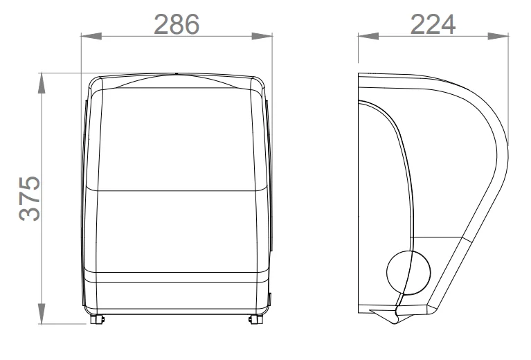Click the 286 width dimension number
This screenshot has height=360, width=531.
(x=177, y=24)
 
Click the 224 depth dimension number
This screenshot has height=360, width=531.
(x=433, y=24)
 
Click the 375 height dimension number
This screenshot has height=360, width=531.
(x=30, y=198)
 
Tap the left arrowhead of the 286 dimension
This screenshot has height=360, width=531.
(x=91, y=36)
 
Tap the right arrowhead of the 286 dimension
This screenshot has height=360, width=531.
(x=262, y=36)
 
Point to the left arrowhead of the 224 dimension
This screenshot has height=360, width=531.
(x=368, y=36)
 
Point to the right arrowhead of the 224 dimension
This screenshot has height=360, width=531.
(x=498, y=36)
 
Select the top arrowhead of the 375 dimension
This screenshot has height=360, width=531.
(x=42, y=83)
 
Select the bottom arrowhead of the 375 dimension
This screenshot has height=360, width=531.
(x=42, y=314)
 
